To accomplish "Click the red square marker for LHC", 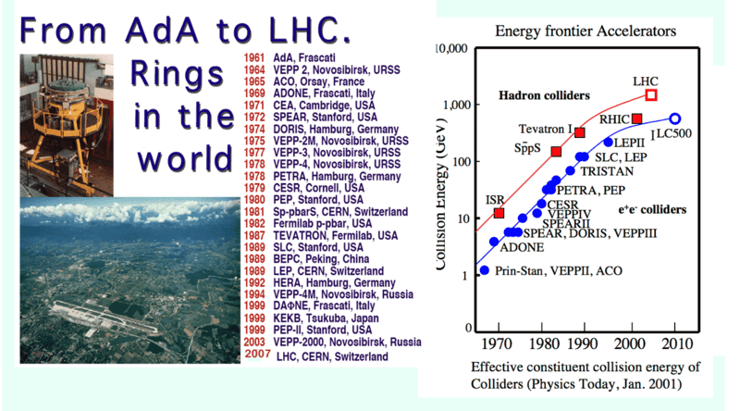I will [651, 94].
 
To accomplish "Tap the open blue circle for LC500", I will [675, 118].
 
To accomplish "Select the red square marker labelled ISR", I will [499, 214].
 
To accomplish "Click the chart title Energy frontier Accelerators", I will [586, 31].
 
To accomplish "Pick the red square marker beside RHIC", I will [637, 118].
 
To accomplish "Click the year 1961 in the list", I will [255, 57].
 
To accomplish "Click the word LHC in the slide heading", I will [299, 31].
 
